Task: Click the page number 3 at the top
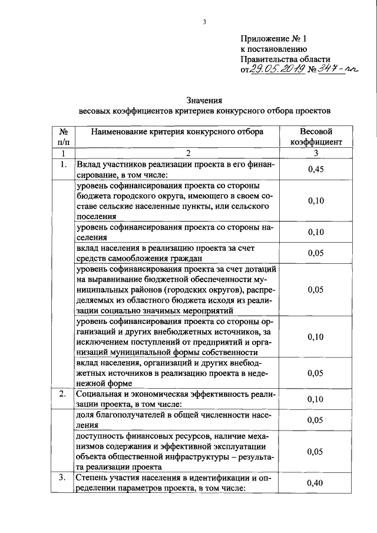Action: click(x=204, y=23)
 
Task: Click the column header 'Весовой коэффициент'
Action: click(x=316, y=137)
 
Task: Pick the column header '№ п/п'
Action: click(x=62, y=137)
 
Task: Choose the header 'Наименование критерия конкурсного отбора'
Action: click(x=177, y=132)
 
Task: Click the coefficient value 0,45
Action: click(x=316, y=170)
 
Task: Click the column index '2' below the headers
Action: click(x=188, y=153)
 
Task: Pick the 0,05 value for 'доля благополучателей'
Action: click(x=316, y=421)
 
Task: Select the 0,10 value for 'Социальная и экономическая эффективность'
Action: click(x=316, y=399)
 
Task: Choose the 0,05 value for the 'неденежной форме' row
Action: click(x=316, y=373)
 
